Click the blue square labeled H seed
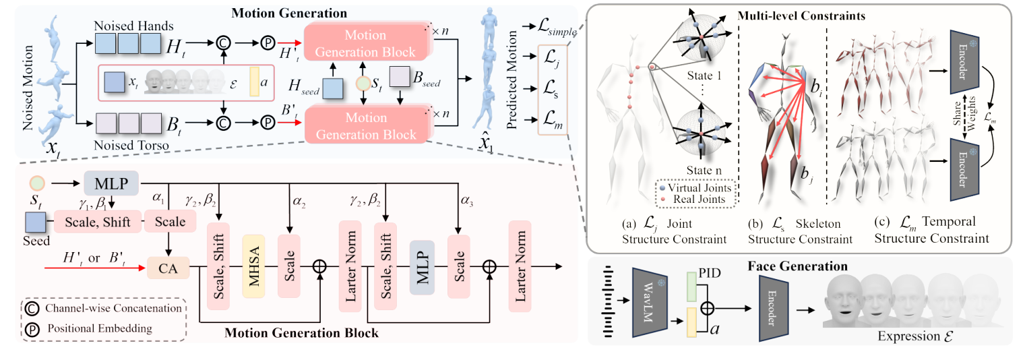332,88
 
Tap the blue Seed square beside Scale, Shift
34,222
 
